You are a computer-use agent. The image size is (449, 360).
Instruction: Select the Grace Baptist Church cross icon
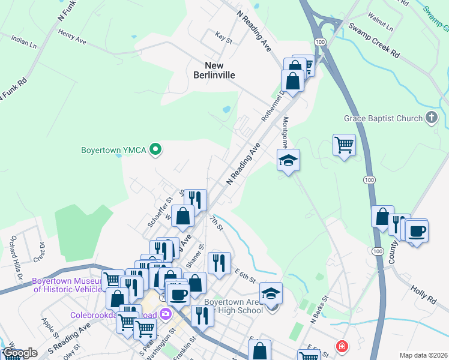(x=431, y=118)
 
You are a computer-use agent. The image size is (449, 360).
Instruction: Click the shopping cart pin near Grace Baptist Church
(x=344, y=144)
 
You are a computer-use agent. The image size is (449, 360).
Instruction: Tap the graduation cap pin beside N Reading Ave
(x=288, y=160)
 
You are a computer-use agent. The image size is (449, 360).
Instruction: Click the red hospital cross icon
(x=341, y=346)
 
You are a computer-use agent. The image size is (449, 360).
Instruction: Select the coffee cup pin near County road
(x=417, y=230)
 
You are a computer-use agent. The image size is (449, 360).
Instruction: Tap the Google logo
(x=20, y=353)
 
